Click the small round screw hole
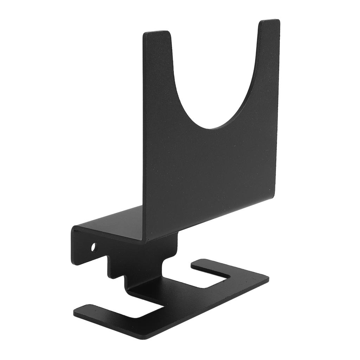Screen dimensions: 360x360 [x=94, y=247]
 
